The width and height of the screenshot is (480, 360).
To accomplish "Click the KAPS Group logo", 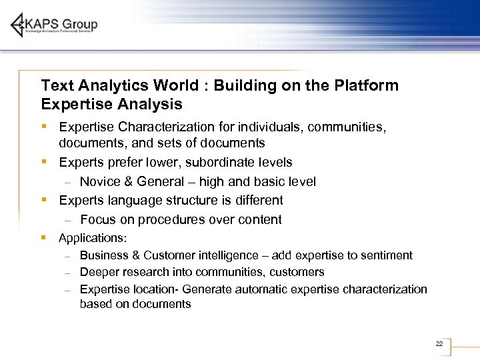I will coord(55,25).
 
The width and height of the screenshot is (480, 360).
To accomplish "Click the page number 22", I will coord(439,343).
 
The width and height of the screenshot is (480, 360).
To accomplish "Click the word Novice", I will coord(99,181).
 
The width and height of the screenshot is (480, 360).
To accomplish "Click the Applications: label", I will coord(93,238).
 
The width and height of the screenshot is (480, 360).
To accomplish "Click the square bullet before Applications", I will coord(43,237).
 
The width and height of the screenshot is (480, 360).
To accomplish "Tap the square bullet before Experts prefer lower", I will coord(43,162).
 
